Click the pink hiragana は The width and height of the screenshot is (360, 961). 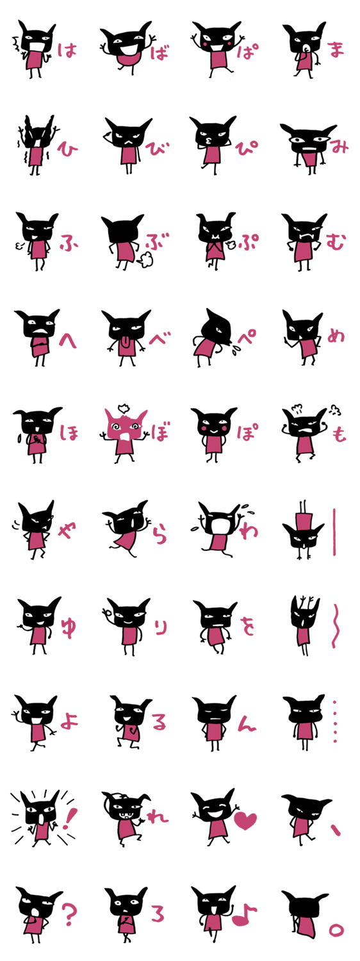(x=67, y=50)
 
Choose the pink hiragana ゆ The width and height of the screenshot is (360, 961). (x=69, y=627)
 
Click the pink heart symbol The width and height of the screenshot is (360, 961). (x=245, y=820)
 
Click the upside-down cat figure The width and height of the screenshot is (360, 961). (x=304, y=530)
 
